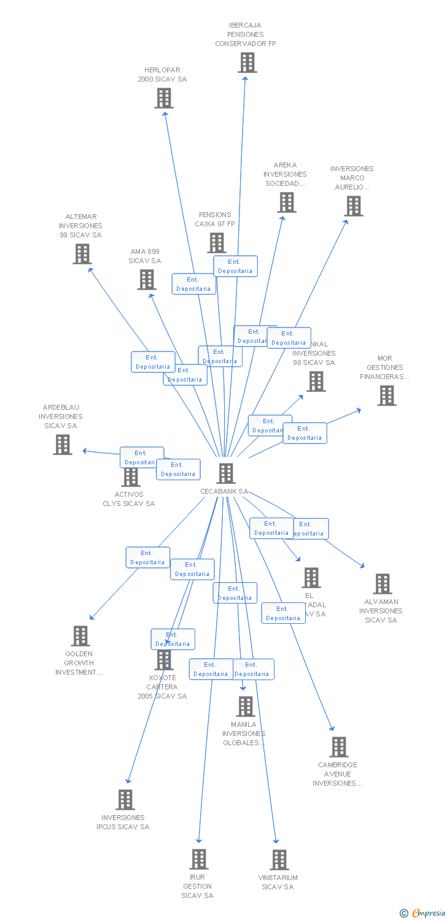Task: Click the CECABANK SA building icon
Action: pyautogui.click(x=226, y=473)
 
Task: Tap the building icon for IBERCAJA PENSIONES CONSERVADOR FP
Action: pyautogui.click(x=247, y=63)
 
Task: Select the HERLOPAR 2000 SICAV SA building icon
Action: pyautogui.click(x=164, y=98)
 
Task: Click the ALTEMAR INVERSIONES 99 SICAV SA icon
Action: pyautogui.click(x=82, y=254)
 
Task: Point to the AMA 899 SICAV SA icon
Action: pyautogui.click(x=147, y=280)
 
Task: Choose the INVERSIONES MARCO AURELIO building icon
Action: pyautogui.click(x=354, y=206)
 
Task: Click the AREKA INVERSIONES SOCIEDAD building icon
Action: pyautogui.click(x=287, y=202)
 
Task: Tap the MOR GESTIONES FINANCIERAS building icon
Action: pyautogui.click(x=387, y=396)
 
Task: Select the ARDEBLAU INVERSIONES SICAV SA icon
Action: pyautogui.click(x=63, y=445)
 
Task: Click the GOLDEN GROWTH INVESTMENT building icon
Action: pyautogui.click(x=80, y=636)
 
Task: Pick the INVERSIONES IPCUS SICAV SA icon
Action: pyautogui.click(x=125, y=800)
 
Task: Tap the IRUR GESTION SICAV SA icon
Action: pyautogui.click(x=199, y=859)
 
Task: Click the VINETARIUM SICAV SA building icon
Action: pyautogui.click(x=279, y=860)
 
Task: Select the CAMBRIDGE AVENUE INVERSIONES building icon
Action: pyautogui.click(x=339, y=747)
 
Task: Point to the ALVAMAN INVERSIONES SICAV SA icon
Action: pyautogui.click(x=383, y=584)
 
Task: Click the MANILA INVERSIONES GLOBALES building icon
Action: pyautogui.click(x=246, y=707)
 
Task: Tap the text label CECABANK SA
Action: pyautogui.click(x=224, y=491)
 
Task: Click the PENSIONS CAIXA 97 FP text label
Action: pyautogui.click(x=215, y=220)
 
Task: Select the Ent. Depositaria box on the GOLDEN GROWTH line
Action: pyautogui.click(x=148, y=558)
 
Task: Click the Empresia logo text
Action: pyautogui.click(x=427, y=913)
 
